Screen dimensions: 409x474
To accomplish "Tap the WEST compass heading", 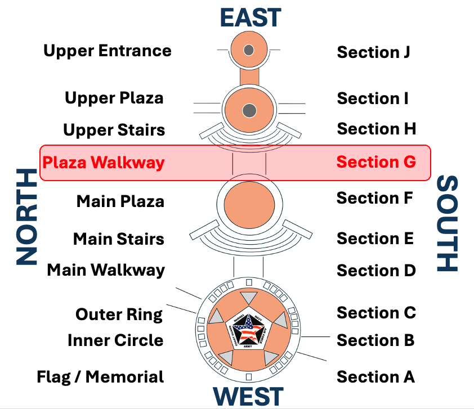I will (x=248, y=396).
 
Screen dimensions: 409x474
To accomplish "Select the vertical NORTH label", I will (x=25, y=217).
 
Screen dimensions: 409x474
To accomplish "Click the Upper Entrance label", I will (x=108, y=51).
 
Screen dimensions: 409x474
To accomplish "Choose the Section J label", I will (x=373, y=52).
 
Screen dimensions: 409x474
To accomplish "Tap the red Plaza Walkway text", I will (x=104, y=163).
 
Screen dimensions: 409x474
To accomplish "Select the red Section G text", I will (x=376, y=162).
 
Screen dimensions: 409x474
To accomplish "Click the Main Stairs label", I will (x=119, y=239).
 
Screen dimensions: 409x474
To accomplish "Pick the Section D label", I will (x=376, y=271).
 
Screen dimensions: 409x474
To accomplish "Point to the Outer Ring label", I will (x=119, y=314).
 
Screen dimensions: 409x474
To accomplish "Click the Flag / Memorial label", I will (x=100, y=376).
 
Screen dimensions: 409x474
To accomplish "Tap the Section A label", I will (x=375, y=376).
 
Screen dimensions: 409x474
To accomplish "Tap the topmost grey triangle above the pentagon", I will (x=248, y=299).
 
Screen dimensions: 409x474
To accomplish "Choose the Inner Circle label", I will (x=115, y=340).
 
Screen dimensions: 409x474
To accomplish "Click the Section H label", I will (x=376, y=129).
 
